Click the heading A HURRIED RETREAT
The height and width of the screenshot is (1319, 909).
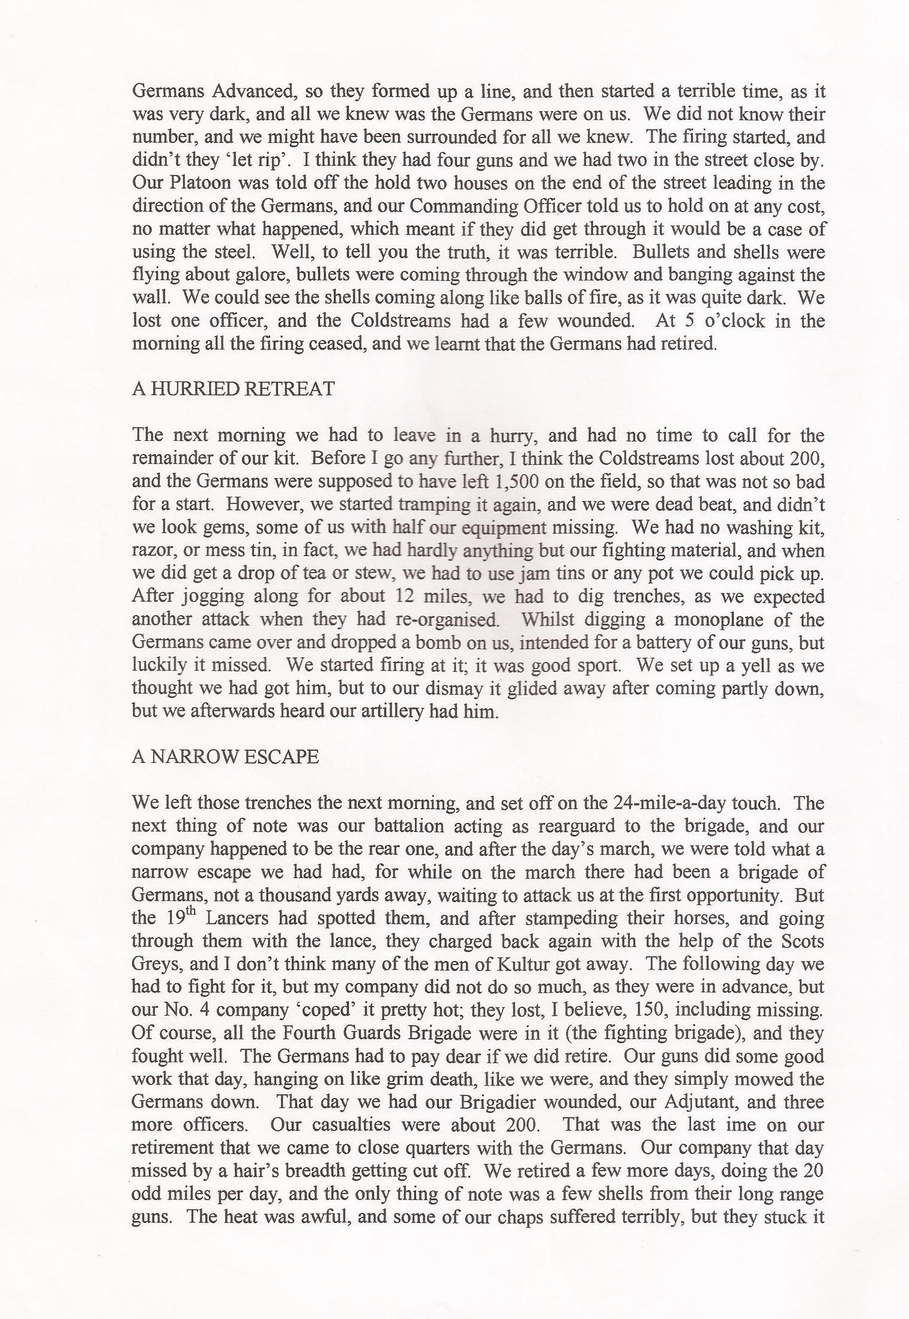point(233,389)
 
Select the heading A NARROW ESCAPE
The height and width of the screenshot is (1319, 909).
point(225,757)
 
